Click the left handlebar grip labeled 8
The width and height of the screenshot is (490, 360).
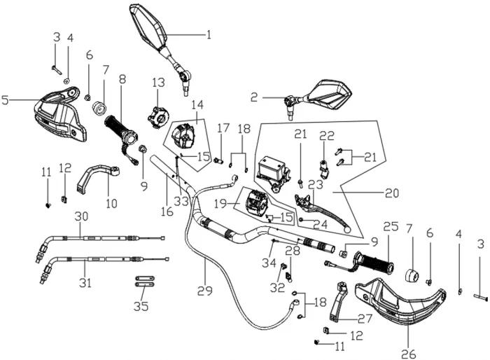[119, 130]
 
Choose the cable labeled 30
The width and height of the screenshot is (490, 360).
[98, 239]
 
